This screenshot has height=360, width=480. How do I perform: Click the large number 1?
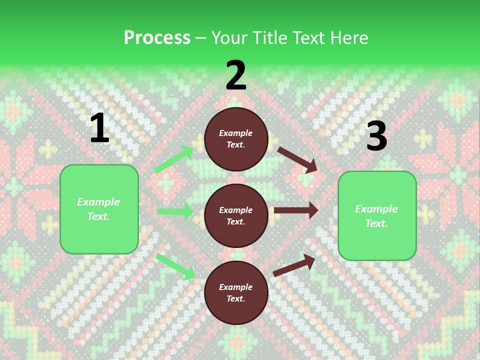(x=99, y=128)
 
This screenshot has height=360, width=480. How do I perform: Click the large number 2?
(x=235, y=75)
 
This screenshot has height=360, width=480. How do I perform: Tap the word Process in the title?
(x=157, y=37)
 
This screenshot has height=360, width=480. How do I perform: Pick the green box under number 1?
(x=99, y=209)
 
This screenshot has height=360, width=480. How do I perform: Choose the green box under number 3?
(x=377, y=216)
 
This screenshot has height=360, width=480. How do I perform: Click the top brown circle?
(x=236, y=139)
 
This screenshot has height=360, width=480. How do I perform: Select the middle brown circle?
(x=236, y=215)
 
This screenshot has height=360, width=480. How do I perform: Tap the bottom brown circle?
(x=236, y=292)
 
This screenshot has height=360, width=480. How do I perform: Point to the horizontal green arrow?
(x=175, y=211)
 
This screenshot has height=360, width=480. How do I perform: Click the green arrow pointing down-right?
(x=175, y=266)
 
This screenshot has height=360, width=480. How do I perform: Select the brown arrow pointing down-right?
(x=297, y=160)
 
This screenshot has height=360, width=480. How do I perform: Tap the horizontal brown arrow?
(x=296, y=210)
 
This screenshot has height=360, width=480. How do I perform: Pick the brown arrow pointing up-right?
(x=294, y=265)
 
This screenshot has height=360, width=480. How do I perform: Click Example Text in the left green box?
(x=98, y=209)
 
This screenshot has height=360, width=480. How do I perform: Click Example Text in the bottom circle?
(x=235, y=292)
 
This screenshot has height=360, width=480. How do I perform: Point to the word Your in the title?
(x=228, y=37)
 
